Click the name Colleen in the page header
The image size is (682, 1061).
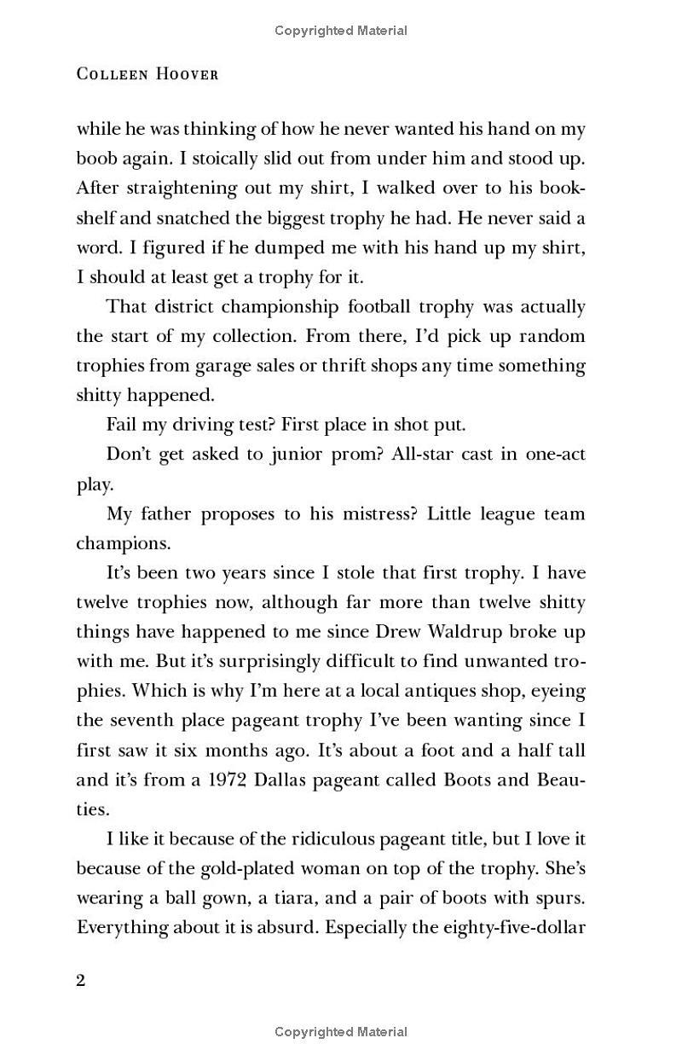coord(107,74)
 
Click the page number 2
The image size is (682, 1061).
coord(81,980)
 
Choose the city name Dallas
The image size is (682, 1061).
coord(298,780)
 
